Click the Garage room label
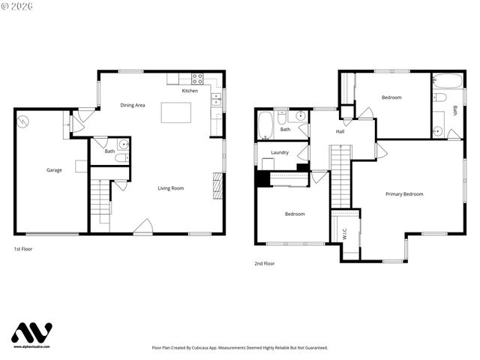(54, 170)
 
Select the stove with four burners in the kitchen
(198, 77)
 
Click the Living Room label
(170, 188)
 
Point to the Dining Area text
(133, 105)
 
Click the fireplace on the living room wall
(218, 185)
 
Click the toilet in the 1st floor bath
(123, 144)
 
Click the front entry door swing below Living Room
(144, 226)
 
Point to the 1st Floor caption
(23, 248)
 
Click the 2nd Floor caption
(265, 264)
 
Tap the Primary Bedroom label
(404, 194)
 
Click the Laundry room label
(280, 153)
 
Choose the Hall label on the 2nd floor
(340, 132)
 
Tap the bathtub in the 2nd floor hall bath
(265, 126)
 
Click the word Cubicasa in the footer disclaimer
(213, 348)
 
